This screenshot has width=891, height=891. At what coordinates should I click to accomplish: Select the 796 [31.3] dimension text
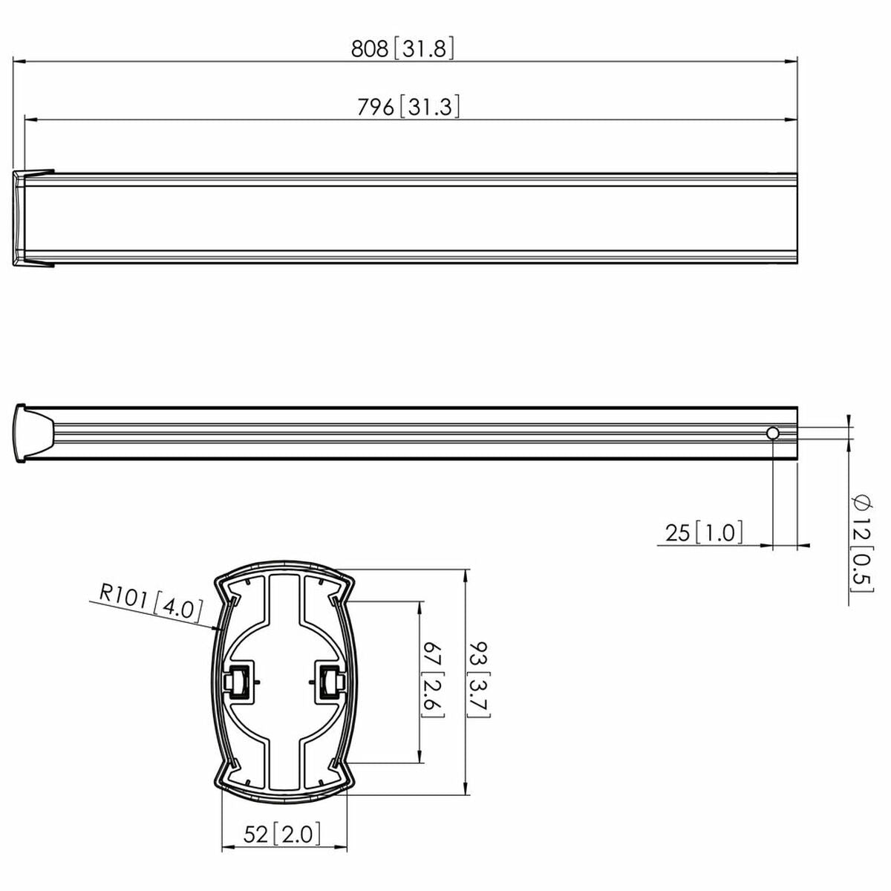click(408, 107)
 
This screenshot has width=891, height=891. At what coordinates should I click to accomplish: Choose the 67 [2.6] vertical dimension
click(433, 679)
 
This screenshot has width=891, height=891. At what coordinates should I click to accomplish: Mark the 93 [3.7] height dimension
click(477, 679)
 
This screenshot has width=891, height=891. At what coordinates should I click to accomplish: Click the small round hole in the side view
click(773, 434)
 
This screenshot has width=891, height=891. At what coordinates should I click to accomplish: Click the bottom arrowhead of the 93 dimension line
click(466, 789)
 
